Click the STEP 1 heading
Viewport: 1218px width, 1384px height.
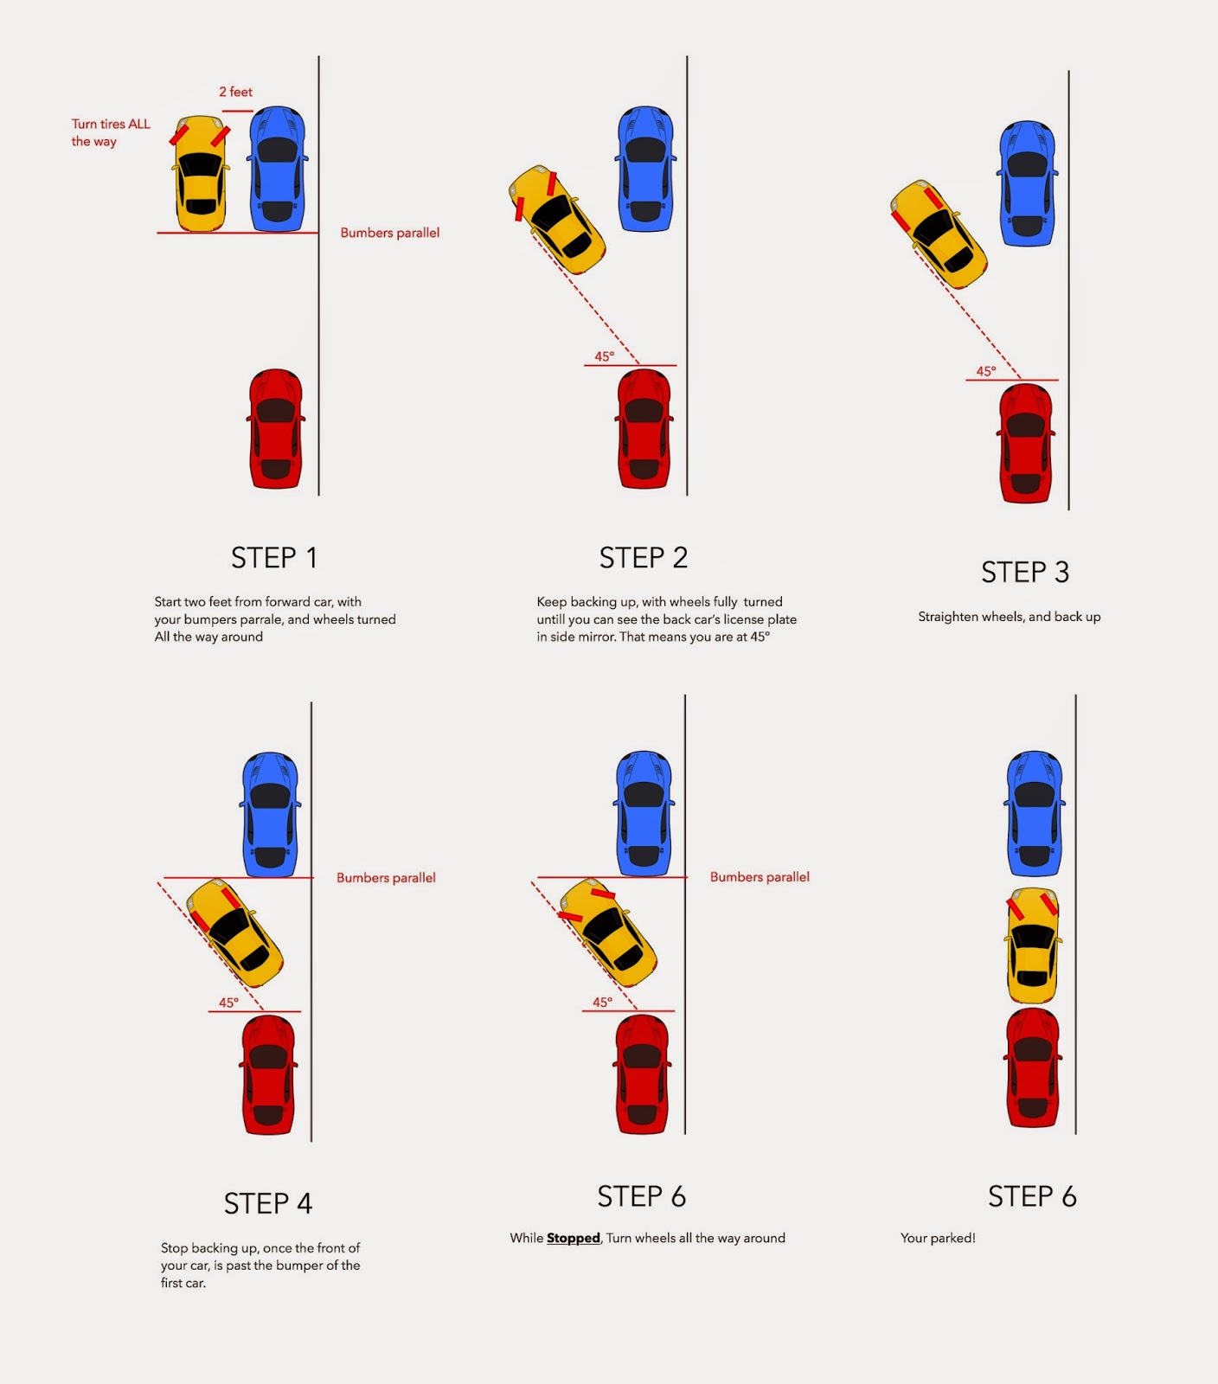coord(273,558)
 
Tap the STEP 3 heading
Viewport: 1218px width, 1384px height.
coord(1025,573)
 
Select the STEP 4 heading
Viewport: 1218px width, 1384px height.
coord(267,1203)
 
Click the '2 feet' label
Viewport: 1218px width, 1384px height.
coord(235,92)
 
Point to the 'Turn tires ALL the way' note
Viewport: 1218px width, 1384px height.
coord(110,132)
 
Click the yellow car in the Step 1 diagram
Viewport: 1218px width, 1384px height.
coord(201,173)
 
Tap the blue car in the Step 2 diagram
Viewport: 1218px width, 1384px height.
coord(645,169)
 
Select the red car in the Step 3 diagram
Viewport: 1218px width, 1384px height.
coord(1026,443)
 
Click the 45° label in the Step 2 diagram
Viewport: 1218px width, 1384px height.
coord(604,356)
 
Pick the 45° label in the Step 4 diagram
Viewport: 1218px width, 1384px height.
coord(228,1003)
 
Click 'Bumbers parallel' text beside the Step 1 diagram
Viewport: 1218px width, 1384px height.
coord(389,233)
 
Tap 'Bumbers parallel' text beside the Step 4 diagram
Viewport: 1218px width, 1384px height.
coord(386,878)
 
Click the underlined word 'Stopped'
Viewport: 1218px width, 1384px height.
coord(573,1238)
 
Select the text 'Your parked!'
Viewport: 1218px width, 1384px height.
coord(938,1238)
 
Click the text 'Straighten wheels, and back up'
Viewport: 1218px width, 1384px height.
coord(1009,617)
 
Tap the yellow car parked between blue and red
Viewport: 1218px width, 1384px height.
coord(1034,945)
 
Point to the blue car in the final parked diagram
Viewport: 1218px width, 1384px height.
coord(1035,813)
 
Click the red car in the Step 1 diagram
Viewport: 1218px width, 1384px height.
coord(276,429)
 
